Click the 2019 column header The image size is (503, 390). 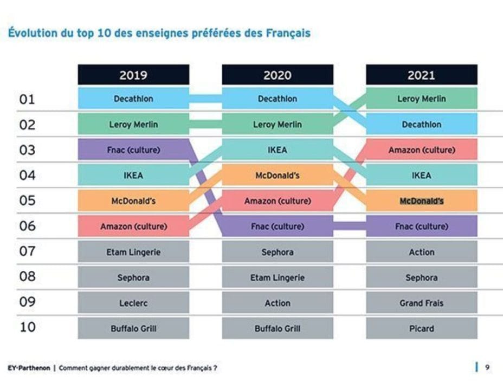(133, 75)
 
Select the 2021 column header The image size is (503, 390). (421, 75)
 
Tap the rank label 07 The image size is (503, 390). (27, 251)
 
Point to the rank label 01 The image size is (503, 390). (27, 99)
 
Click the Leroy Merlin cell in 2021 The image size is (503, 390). (421, 99)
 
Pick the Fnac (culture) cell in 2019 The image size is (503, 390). (133, 150)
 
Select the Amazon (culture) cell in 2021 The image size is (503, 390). (421, 150)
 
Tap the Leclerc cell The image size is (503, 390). (133, 303)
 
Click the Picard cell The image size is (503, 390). (421, 328)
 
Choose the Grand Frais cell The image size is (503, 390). (421, 303)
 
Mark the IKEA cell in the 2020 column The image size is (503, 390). (278, 150)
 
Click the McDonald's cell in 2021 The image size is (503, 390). (421, 201)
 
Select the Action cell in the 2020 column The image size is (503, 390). (278, 303)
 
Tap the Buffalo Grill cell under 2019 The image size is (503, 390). (133, 328)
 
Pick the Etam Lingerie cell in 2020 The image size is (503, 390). (278, 277)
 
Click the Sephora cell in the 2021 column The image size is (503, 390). (421, 277)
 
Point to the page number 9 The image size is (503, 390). (487, 368)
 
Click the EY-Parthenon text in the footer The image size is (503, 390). (28, 368)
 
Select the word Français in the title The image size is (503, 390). (288, 34)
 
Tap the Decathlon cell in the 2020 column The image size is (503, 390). (278, 99)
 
